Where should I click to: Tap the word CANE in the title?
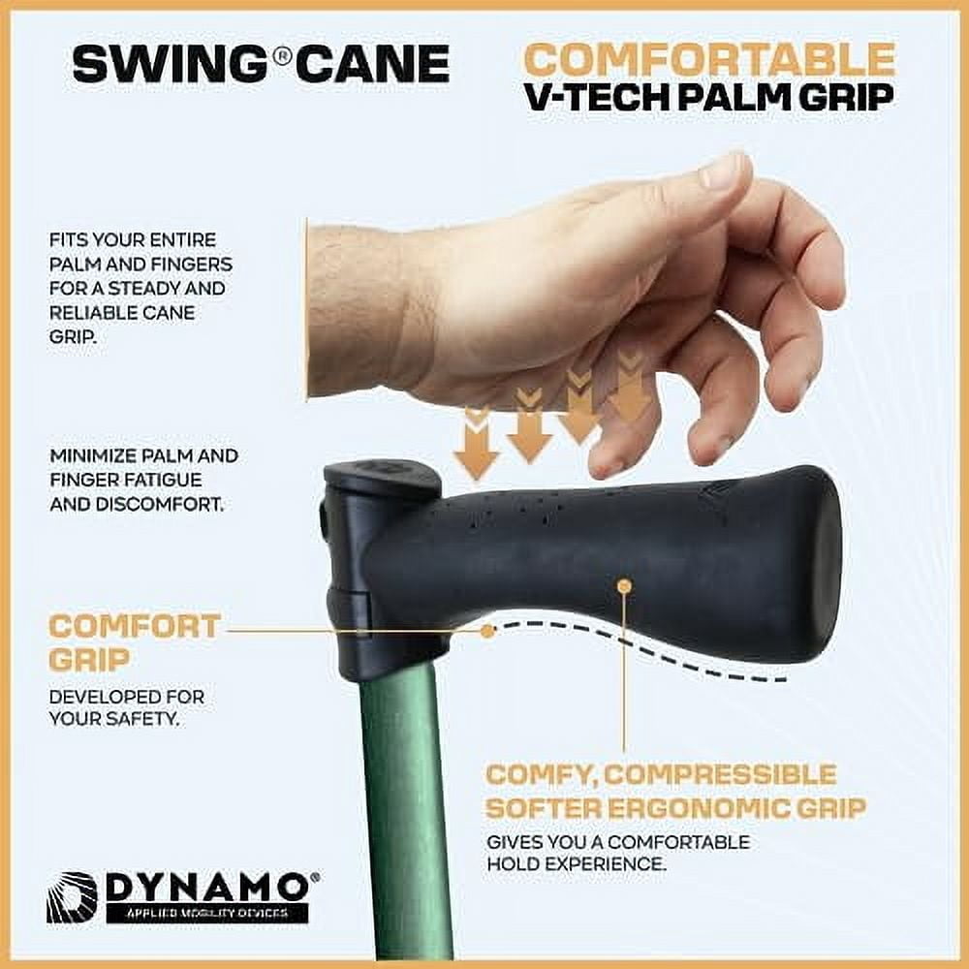372,64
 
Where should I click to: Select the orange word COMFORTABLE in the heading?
709,59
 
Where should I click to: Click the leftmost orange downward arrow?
476,444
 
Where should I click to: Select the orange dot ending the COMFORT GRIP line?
487,631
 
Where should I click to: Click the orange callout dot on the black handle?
624,584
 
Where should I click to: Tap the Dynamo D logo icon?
72,898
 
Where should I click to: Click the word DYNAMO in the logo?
207,888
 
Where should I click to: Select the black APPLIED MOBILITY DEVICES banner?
207,913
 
